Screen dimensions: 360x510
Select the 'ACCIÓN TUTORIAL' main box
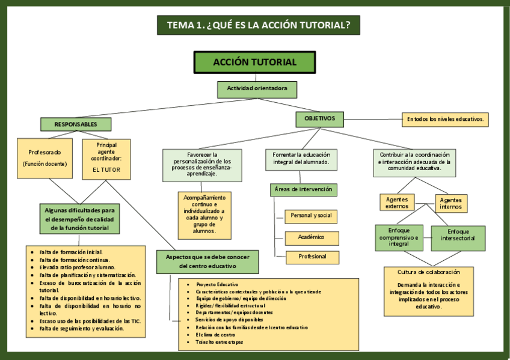254,62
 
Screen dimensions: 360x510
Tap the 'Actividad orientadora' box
257,89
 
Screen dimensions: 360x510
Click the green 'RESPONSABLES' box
76,124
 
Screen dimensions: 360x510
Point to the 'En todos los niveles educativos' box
445,120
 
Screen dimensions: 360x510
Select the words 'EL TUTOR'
106,170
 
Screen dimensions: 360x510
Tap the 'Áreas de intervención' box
303,190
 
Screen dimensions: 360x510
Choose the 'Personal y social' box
311,216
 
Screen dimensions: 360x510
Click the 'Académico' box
311,237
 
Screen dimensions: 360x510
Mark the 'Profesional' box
311,257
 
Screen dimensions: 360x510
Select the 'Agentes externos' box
397,203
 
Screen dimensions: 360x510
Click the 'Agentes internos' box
451,203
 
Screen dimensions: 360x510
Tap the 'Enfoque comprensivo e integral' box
399,238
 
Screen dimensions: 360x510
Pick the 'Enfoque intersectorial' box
458,238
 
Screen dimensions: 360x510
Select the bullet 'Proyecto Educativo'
217,284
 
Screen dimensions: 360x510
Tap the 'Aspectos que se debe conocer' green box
207,261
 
